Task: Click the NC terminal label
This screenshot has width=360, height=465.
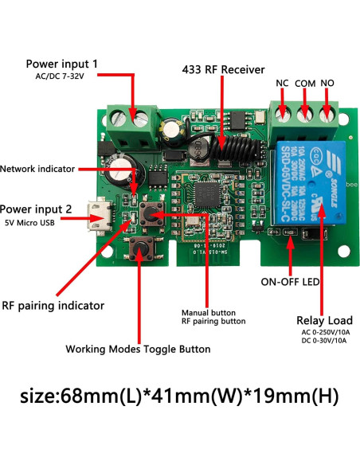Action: tap(282, 83)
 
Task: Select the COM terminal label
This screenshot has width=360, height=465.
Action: tap(306, 83)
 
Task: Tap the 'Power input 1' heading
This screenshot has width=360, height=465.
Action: tap(62, 63)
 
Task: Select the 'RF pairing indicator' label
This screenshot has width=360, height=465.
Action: tap(53, 305)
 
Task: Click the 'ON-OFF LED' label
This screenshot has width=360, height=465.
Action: tap(292, 281)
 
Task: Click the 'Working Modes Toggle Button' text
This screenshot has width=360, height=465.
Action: tap(138, 349)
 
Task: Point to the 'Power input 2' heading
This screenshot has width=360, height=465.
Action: tap(48, 209)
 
